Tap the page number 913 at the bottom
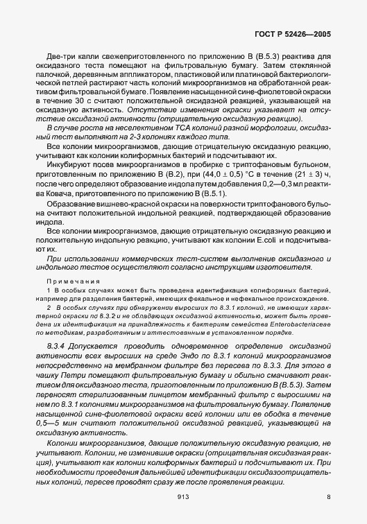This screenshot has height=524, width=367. coord(183,496)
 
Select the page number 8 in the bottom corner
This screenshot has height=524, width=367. coord(328,496)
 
